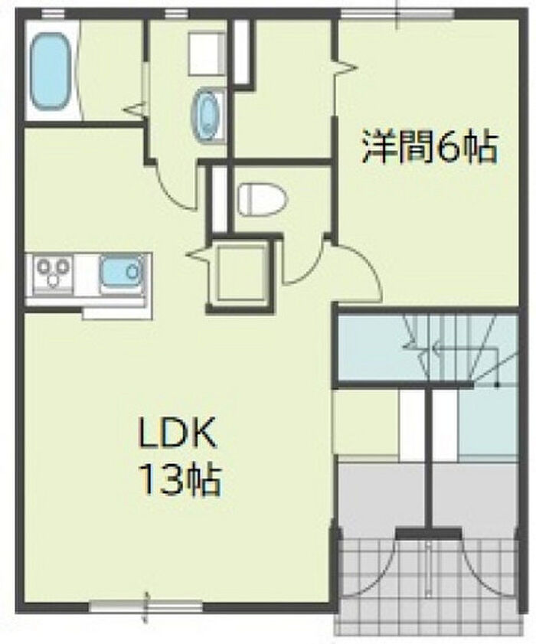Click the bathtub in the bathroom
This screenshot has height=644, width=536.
pyautogui.click(x=49, y=71)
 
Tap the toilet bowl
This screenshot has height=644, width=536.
pyautogui.click(x=263, y=199)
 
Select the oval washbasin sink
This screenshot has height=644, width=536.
pyautogui.click(x=205, y=115)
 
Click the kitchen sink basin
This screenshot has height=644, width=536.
pyautogui.click(x=122, y=272)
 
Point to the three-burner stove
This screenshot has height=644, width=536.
pyautogui.click(x=54, y=272)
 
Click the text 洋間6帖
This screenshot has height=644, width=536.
pyautogui.click(x=430, y=146)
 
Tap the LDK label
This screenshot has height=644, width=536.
pyautogui.click(x=178, y=434)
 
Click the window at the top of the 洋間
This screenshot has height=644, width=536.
pyautogui.click(x=397, y=15)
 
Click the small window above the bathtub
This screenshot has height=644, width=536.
pyautogui.click(x=54, y=15)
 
